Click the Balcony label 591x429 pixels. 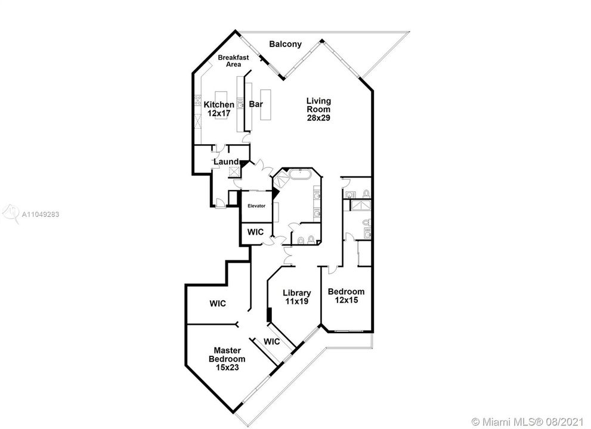click(x=285, y=44)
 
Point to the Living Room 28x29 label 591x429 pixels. click(x=318, y=110)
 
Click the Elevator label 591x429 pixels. click(x=256, y=206)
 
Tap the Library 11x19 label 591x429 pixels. click(x=296, y=297)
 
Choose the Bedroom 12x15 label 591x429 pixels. click(x=346, y=296)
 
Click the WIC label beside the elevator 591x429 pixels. click(x=256, y=232)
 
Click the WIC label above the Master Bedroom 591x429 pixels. click(x=217, y=303)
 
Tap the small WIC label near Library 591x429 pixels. click(x=271, y=342)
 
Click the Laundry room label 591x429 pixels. click(x=226, y=162)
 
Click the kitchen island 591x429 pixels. click(x=222, y=97)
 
